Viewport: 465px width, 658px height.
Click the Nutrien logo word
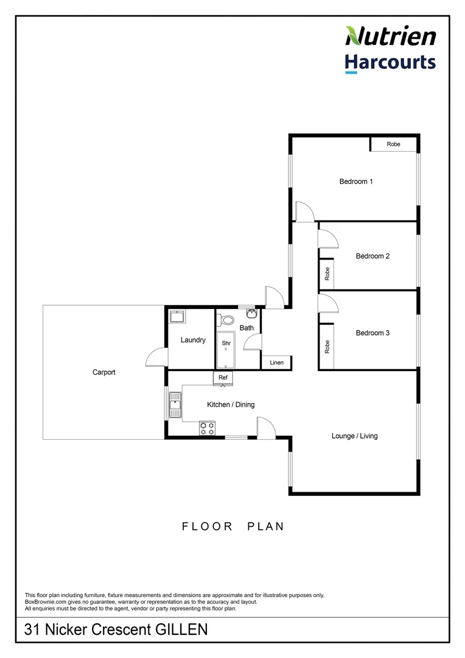(x=390, y=36)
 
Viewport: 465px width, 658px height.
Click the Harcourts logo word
(x=390, y=62)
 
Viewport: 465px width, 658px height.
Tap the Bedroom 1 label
(x=356, y=182)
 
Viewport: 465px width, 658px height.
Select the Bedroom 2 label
(x=372, y=256)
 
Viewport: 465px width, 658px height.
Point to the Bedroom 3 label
(x=372, y=333)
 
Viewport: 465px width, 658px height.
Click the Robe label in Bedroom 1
(x=394, y=144)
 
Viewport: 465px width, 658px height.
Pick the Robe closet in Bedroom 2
(x=327, y=274)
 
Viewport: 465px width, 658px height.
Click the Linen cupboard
(x=276, y=363)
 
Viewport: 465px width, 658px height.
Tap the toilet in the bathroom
(x=227, y=319)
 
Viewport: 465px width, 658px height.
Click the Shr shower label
(x=226, y=344)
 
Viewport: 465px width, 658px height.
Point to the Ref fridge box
(x=223, y=378)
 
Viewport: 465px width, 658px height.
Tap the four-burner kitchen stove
(x=207, y=428)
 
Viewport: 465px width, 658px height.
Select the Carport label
(x=103, y=372)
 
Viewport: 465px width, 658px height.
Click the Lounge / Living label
(x=354, y=436)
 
